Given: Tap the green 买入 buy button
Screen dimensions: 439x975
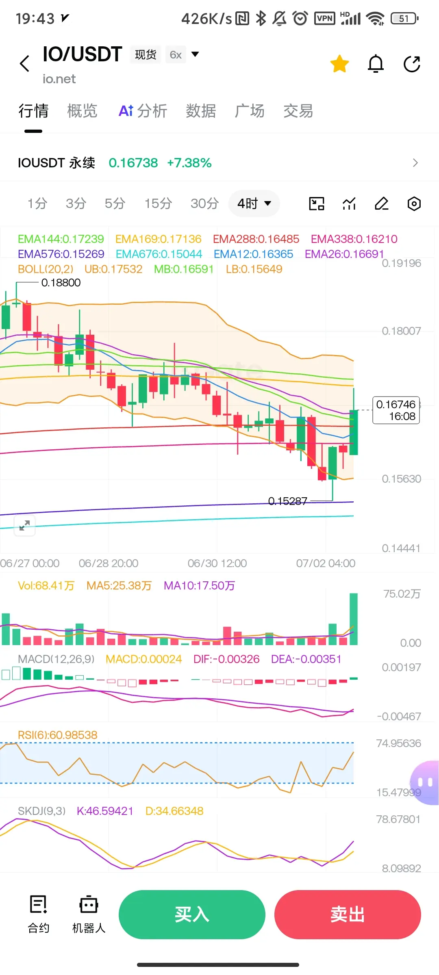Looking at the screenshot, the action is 192,914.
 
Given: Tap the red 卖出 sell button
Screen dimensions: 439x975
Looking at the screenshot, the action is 348,914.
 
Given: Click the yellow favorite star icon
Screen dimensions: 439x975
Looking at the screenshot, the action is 339,64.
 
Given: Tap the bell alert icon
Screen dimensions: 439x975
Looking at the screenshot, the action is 376,64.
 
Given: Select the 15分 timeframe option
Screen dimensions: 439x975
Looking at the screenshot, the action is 158,203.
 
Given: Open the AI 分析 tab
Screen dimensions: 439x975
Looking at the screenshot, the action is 143,110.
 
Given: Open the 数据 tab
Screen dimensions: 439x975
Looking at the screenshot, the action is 201,110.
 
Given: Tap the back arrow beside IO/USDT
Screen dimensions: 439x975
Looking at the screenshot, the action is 25,64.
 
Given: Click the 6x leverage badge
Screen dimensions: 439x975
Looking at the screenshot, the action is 176,55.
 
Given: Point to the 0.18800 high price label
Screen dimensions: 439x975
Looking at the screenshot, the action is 61,282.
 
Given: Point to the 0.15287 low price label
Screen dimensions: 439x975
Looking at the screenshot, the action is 288,501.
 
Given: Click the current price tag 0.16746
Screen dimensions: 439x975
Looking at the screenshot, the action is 396,410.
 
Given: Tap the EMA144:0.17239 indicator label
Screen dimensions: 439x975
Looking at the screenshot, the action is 61,239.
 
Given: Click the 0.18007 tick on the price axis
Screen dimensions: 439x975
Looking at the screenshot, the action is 401,331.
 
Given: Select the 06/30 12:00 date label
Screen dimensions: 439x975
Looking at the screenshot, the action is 217,563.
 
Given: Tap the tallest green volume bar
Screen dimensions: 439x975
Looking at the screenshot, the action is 354,619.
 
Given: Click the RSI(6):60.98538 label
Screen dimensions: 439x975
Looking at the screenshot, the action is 58,735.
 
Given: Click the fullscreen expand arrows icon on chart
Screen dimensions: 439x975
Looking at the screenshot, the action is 24,526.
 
